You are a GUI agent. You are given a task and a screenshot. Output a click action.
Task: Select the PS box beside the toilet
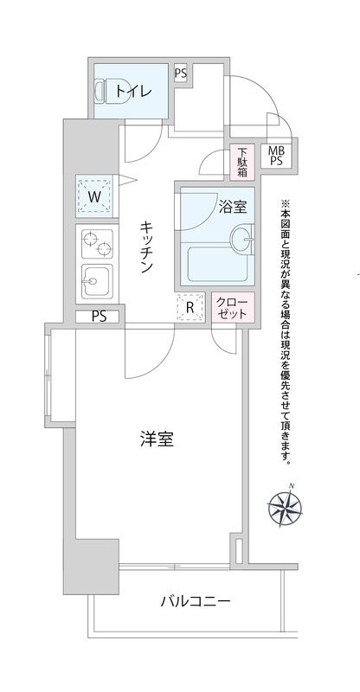coord(180,73)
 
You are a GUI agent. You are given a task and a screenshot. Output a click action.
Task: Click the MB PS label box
coord(278,156)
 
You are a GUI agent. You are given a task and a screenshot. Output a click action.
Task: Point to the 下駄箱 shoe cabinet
coord(244,162)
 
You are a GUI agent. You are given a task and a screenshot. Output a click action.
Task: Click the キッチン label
coord(147,247)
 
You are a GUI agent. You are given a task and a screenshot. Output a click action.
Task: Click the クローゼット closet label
coord(234,307)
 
